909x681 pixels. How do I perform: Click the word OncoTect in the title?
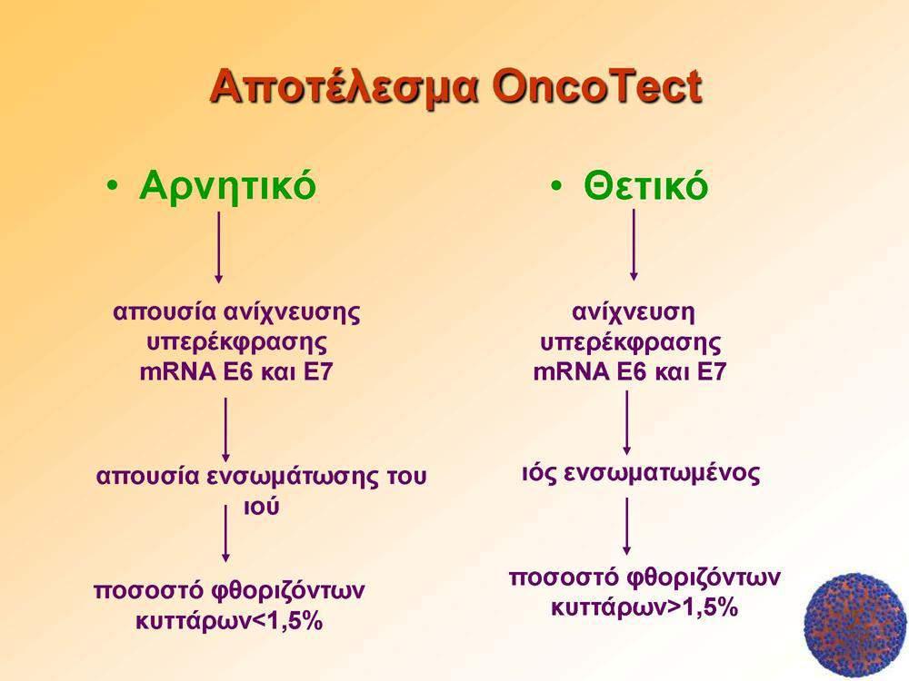pos(597,87)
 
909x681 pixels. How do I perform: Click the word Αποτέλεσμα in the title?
pos(344,87)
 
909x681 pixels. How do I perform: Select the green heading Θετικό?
pos(645,186)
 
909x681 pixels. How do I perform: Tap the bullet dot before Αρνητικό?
pos(113,186)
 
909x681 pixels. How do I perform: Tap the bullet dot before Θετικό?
pos(557,186)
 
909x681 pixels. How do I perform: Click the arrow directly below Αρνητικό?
pos(218,247)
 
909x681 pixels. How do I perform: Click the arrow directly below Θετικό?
pos(634,245)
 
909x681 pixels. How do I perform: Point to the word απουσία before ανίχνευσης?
pos(164,312)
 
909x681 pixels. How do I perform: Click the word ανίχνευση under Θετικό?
pos(633,312)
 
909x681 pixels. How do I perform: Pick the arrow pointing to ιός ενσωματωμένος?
pos(626,423)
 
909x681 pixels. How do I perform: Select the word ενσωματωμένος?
pos(662,474)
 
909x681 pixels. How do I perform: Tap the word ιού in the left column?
pos(261,507)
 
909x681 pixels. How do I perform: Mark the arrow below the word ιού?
pos(225,533)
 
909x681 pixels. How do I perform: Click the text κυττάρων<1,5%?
pos(230,622)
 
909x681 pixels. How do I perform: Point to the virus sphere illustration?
pos(855,626)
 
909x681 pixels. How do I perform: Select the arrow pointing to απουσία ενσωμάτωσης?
pos(226,429)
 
